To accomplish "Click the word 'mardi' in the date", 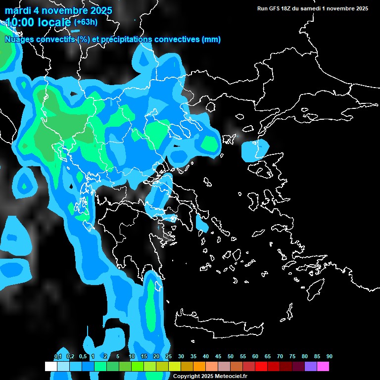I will [17, 10].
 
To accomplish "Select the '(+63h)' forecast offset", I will [86, 22].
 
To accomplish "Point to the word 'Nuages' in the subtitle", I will [19, 40].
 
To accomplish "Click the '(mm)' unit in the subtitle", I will [211, 40].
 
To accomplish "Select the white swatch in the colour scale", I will [50, 367].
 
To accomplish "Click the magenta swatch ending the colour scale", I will [323, 367].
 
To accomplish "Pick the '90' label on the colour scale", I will [329, 357].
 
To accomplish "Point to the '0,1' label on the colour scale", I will [58, 357].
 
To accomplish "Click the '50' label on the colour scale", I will [231, 357].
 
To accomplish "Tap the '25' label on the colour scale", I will [169, 357].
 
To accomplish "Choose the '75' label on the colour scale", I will [292, 357].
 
